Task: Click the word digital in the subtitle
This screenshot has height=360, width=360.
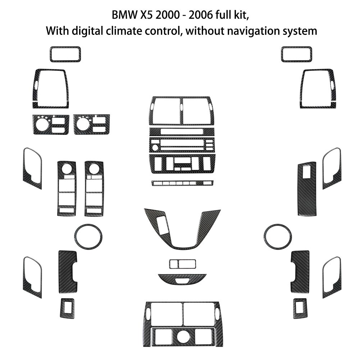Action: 87,31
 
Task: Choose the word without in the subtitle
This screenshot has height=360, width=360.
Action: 205,31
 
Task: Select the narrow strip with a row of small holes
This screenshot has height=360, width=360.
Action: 183,183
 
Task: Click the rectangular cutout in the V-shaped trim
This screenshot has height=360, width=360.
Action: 162,225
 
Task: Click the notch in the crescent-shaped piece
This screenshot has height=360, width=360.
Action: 182,280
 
